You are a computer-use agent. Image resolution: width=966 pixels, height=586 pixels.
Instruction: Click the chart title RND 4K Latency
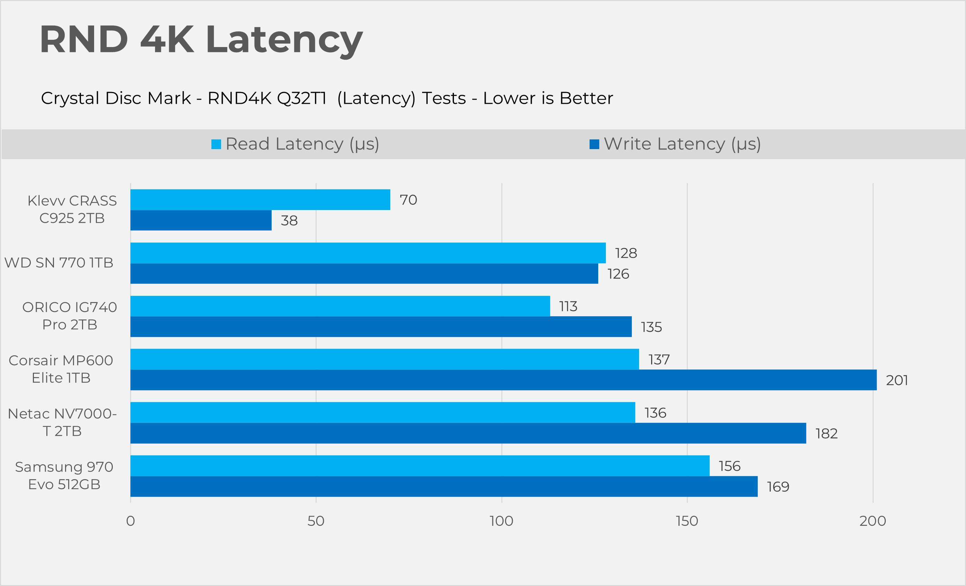(x=201, y=39)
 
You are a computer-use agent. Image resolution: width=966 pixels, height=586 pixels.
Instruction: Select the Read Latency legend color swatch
(x=216, y=144)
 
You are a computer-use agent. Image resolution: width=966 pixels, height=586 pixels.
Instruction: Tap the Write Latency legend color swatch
(x=594, y=144)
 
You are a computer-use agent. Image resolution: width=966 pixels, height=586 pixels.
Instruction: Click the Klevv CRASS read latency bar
(x=260, y=200)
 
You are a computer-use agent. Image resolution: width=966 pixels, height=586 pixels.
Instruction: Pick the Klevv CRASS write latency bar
(x=201, y=220)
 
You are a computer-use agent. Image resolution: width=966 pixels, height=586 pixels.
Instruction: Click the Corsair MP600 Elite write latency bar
(x=503, y=380)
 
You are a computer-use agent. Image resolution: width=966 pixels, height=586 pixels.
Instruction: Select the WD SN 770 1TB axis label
(x=59, y=263)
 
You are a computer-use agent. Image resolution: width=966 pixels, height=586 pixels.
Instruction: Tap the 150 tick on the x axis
(x=687, y=521)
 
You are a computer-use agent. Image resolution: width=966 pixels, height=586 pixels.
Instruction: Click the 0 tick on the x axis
(x=130, y=521)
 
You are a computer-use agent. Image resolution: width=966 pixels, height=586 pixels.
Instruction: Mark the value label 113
(x=568, y=306)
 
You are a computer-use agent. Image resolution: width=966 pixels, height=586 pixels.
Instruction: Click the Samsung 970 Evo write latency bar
(x=444, y=486)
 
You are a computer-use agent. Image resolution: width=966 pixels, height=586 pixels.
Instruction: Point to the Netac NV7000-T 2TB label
(x=62, y=422)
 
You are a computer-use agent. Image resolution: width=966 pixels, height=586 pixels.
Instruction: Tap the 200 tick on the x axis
(x=872, y=521)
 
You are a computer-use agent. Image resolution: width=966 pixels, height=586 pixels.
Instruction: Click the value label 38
(x=289, y=221)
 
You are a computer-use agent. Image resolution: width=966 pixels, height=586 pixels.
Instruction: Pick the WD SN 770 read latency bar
(x=368, y=253)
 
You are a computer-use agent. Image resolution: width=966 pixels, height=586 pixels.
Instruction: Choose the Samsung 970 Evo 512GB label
(x=64, y=475)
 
